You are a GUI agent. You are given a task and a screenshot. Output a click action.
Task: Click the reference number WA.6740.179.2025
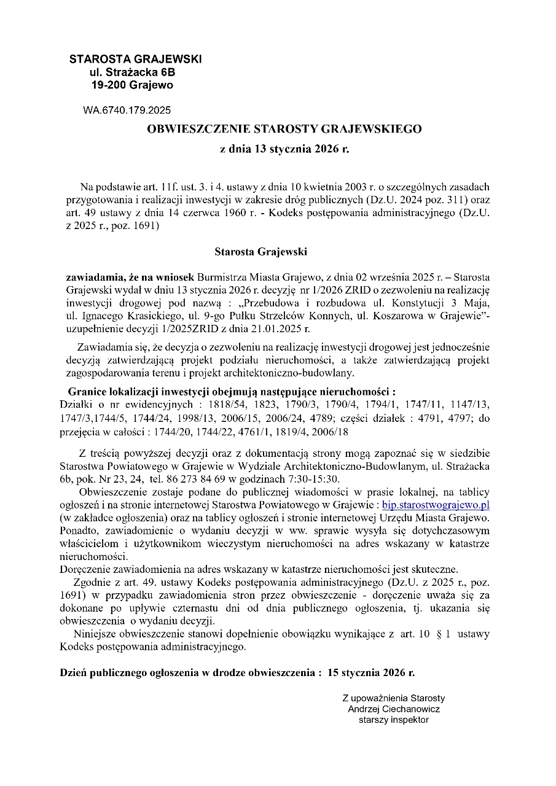coord(127,111)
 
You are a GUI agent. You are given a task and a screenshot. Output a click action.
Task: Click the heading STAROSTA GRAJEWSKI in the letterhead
coord(135,60)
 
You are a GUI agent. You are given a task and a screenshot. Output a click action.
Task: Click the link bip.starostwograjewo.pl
coord(435,505)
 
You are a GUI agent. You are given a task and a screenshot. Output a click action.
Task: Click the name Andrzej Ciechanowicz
coord(394,709)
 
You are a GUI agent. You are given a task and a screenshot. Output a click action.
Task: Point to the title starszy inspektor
coord(394,720)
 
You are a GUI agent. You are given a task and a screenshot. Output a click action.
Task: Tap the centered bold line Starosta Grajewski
coord(260,252)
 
